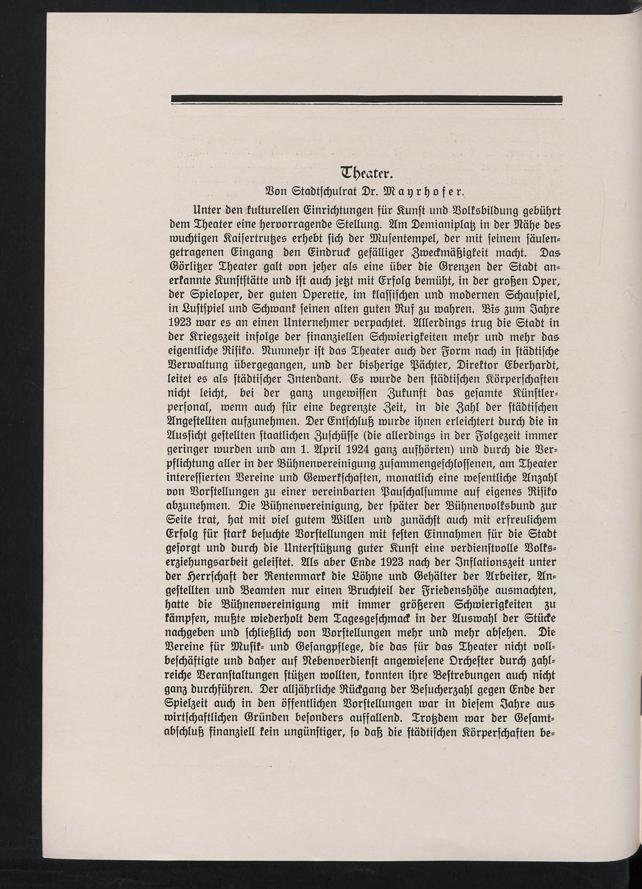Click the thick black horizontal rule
click(366, 99)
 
